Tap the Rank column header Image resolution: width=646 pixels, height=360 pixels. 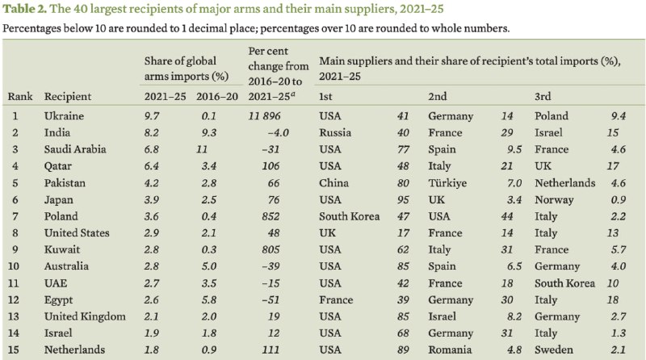(x=19, y=97)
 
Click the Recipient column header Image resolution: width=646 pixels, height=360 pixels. (x=67, y=97)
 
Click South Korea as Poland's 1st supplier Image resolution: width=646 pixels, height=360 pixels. (x=348, y=216)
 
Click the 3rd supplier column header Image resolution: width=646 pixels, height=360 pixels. (x=543, y=97)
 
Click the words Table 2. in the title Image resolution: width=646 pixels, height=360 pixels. (x=27, y=10)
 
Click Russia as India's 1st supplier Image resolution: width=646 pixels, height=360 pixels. (x=336, y=133)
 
